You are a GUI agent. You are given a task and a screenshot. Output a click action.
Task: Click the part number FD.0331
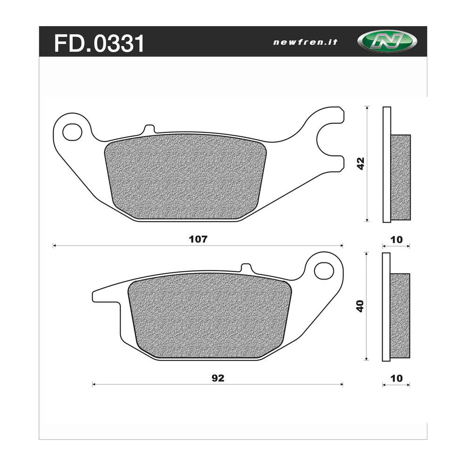click(x=99, y=44)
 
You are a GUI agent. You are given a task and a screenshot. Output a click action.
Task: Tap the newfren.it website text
click(x=305, y=42)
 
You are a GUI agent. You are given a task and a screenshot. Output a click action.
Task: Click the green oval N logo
click(x=387, y=41)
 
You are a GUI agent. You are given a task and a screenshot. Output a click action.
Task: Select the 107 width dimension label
click(x=198, y=239)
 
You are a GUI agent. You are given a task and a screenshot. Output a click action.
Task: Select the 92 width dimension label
click(x=217, y=378)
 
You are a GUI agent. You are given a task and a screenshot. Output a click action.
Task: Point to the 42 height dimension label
click(x=360, y=163)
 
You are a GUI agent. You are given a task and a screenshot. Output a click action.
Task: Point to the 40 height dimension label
click(x=359, y=306)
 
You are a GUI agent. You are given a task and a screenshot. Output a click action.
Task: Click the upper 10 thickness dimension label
click(x=396, y=240)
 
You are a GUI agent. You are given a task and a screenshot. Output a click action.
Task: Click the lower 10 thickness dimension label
click(x=396, y=378)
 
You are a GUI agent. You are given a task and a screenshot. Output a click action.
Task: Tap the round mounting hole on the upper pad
click(x=72, y=132)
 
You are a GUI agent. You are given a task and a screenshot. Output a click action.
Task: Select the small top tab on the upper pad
click(x=149, y=129)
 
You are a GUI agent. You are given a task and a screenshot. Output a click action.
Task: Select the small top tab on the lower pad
click(x=246, y=267)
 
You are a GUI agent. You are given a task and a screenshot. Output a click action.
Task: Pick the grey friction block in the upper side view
click(x=400, y=177)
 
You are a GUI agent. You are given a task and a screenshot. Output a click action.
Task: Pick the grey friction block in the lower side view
click(x=399, y=315)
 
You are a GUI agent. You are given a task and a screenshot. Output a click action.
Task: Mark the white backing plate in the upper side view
click(x=386, y=164)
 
